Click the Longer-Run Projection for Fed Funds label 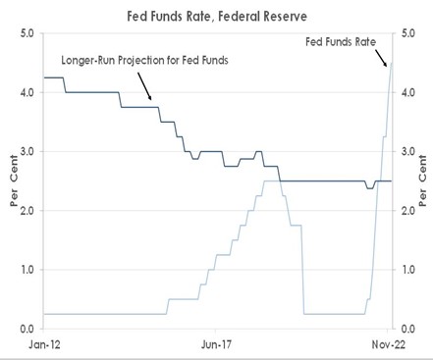(145, 60)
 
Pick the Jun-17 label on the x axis (217, 345)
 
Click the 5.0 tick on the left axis (27, 33)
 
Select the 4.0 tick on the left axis (27, 92)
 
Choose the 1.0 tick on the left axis (27, 269)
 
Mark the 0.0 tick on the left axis (27, 329)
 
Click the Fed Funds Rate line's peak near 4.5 (392, 65)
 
